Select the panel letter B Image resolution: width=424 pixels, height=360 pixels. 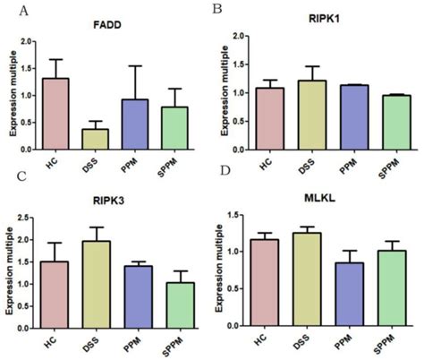pos(216,9)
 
